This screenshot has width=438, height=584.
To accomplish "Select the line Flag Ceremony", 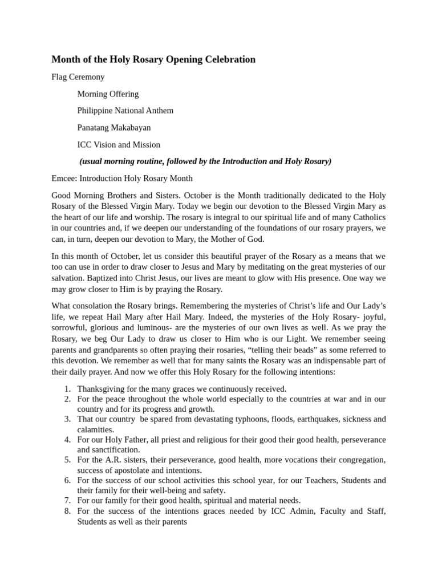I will click(78, 76).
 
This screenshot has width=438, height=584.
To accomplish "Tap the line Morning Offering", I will click(108, 94).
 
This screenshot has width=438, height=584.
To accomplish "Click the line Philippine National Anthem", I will click(125, 111).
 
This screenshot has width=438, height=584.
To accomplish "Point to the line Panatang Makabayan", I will click(114, 128).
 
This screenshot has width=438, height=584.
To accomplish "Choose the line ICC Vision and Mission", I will click(119, 145).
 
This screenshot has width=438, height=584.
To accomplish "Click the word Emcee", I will click(63, 179).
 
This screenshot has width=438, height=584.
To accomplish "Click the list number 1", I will click(67, 389).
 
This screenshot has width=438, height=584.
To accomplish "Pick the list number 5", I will click(67, 460).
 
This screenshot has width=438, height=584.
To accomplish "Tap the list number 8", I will click(67, 511).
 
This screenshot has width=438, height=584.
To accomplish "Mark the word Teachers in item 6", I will click(317, 480).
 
